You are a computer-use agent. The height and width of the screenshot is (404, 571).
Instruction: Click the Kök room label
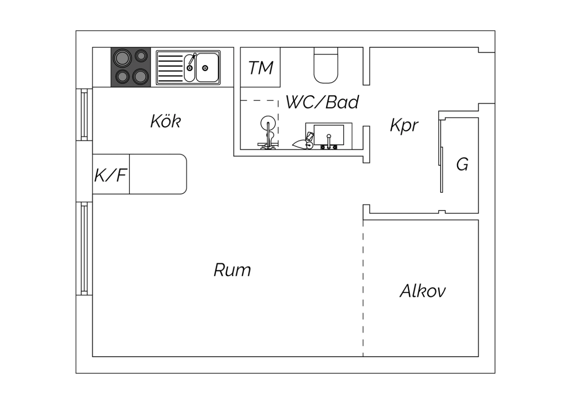166,121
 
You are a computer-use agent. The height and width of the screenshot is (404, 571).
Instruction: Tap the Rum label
232,270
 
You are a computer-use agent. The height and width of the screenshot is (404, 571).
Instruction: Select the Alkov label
423,291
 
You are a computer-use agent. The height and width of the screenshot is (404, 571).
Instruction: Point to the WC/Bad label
322,102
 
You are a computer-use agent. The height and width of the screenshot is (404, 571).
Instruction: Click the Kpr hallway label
404,125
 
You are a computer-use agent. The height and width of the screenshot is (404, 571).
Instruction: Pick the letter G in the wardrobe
462,164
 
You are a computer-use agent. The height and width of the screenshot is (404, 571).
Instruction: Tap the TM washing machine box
260,67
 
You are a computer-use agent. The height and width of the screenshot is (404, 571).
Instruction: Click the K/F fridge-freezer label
111,175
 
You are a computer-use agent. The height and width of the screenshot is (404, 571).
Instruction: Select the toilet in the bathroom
326,65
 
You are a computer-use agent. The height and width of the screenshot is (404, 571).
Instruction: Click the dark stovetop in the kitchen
131,67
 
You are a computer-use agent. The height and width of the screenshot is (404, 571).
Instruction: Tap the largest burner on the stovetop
122,58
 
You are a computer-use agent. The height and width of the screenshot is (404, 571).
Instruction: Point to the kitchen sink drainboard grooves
170,68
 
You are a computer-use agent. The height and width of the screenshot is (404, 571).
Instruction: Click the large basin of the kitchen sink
207,67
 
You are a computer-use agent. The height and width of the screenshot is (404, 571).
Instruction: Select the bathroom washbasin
329,135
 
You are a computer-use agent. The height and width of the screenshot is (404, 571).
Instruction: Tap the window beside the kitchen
84,115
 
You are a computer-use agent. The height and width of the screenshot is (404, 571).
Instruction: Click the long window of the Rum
84,248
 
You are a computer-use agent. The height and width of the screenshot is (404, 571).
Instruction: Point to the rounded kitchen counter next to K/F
158,174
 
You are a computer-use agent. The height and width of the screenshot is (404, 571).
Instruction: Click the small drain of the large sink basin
205,68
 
